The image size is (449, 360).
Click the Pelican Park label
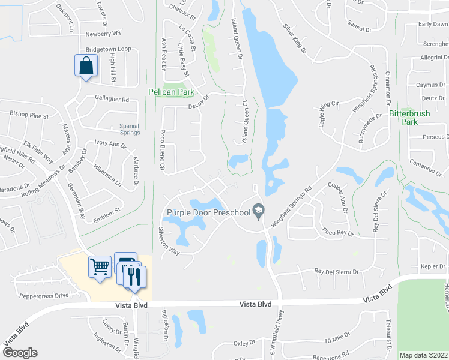[x=172, y=92]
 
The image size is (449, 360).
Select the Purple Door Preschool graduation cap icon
[x=259, y=209]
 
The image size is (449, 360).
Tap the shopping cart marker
[x=100, y=266]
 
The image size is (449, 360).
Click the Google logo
[x=20, y=353]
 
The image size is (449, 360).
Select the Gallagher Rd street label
[x=112, y=99]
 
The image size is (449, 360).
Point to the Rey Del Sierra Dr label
[x=336, y=271]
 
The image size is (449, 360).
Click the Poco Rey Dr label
[x=337, y=232]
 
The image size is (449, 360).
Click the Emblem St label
[x=109, y=211]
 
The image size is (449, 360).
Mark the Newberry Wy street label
[x=103, y=34]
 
